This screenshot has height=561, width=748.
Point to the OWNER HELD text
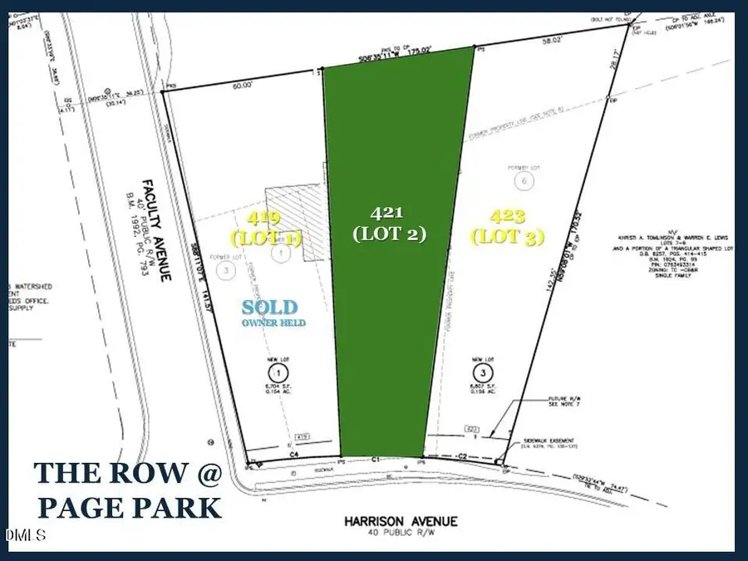(273, 322)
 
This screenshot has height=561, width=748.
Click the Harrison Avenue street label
(401, 520)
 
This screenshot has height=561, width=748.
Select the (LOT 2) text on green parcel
(389, 234)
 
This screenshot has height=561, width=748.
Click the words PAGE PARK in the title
(128, 506)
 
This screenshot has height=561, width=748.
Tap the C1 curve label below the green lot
(376, 459)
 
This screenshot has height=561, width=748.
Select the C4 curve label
(293, 455)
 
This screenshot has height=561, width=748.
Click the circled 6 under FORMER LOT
(523, 180)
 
